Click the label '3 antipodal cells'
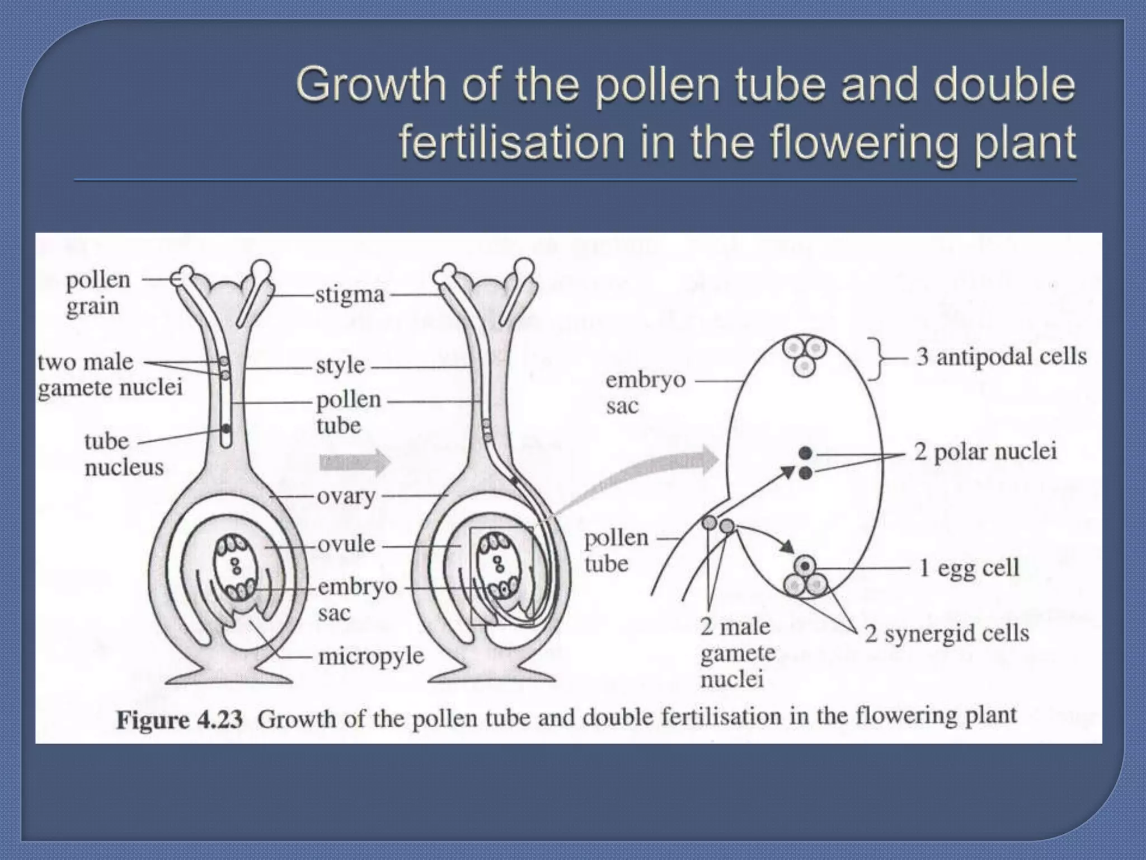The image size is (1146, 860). [x=1001, y=356]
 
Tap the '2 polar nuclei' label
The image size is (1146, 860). [x=985, y=451]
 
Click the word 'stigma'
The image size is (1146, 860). [x=350, y=295]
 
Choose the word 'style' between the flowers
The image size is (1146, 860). [x=340, y=366]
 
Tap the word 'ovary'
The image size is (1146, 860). [x=346, y=496]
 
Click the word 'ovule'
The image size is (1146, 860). [x=346, y=544]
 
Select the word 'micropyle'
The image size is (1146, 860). [x=371, y=656]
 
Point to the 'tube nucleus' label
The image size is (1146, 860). [x=124, y=454]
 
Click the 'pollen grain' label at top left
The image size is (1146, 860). [x=98, y=293]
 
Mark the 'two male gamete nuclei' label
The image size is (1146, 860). [x=110, y=375]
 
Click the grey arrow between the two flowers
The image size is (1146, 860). [x=354, y=462]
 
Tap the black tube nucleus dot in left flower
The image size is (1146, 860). [x=226, y=429]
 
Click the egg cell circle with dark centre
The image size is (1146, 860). [x=805, y=566]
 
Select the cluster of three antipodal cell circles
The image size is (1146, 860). [x=804, y=355]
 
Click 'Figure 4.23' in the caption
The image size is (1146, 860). [x=179, y=719]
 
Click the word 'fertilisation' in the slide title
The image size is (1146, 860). [x=511, y=142]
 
